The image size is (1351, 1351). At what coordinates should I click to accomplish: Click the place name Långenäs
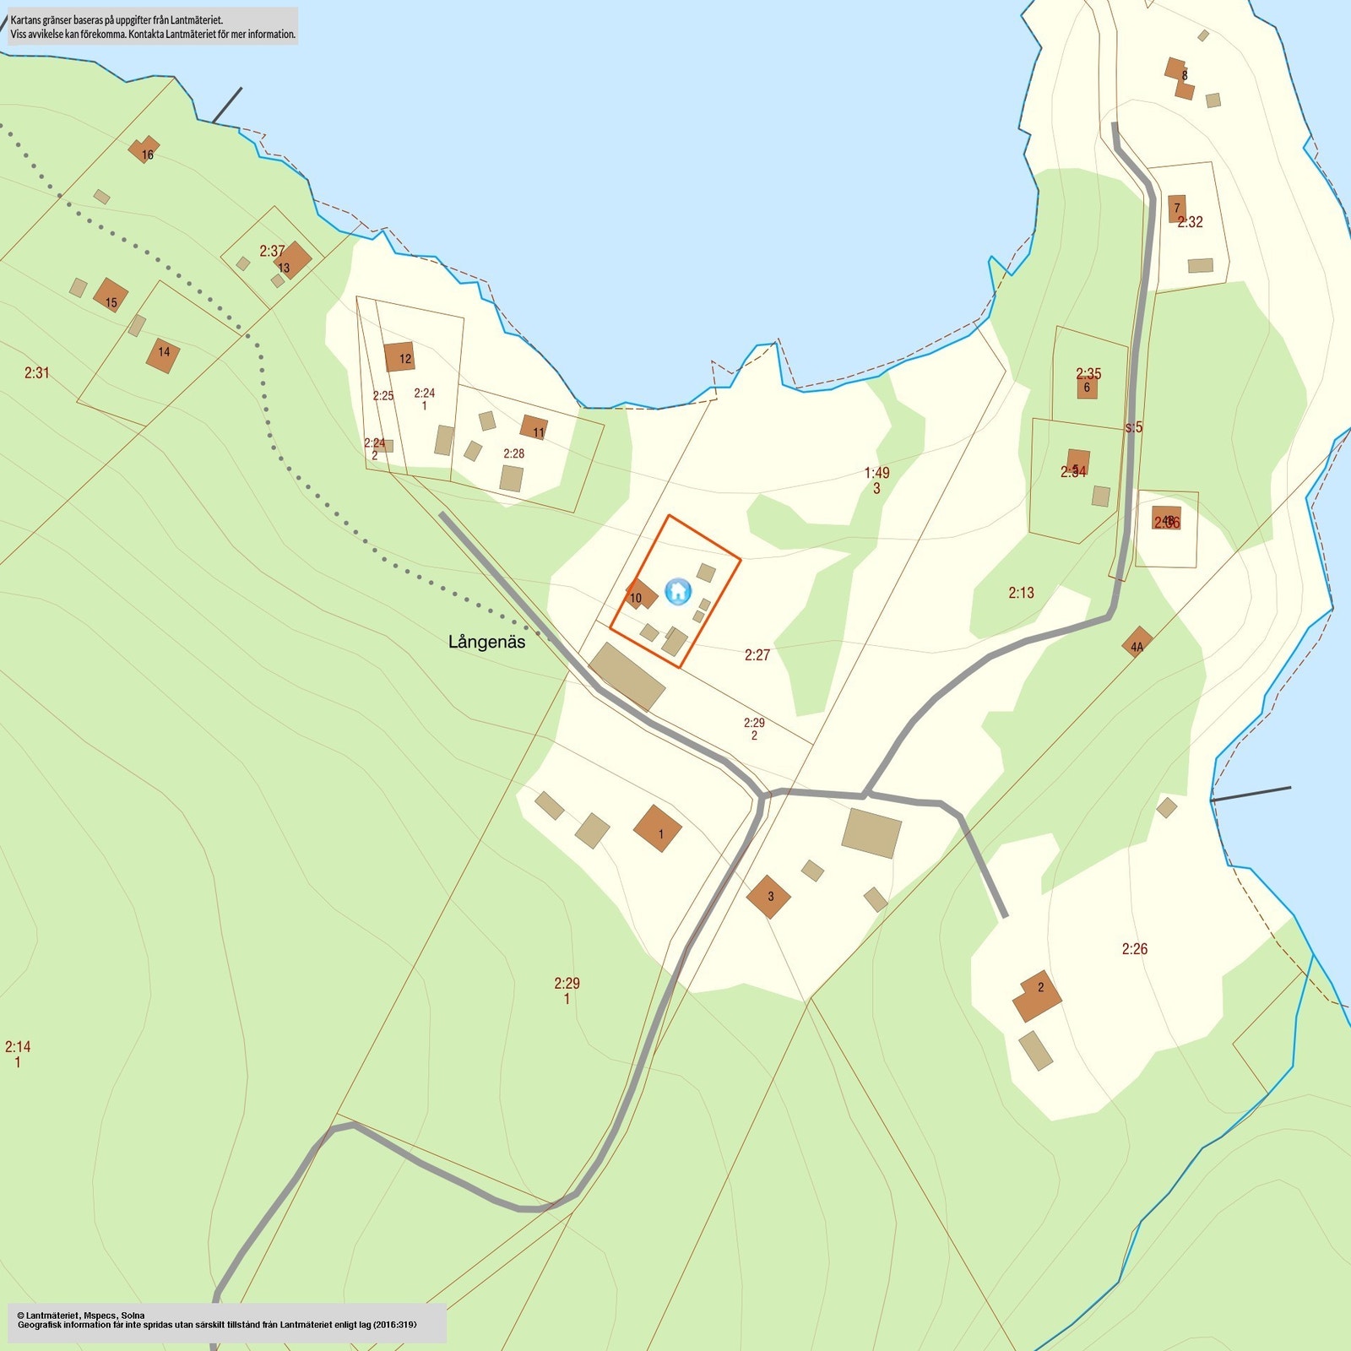[x=486, y=642]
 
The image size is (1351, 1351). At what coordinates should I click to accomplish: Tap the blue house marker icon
[x=678, y=591]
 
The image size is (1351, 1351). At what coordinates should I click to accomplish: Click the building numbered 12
[x=399, y=357]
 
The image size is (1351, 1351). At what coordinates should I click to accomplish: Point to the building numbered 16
[x=144, y=150]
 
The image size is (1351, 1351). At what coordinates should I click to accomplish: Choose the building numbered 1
[x=658, y=828]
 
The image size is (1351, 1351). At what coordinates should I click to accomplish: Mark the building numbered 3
[x=768, y=896]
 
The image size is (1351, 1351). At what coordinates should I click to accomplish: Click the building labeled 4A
[x=1137, y=643]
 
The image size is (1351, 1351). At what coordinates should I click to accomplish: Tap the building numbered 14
[x=163, y=355]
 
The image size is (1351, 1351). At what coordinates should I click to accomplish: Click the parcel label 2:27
[x=757, y=655]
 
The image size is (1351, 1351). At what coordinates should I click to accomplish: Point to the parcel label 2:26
[x=1135, y=949]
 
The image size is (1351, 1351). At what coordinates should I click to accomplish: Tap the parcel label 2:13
[x=1021, y=593]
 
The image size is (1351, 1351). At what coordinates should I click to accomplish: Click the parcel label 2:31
[x=37, y=372]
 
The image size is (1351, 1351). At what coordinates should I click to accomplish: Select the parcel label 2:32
[x=1191, y=222]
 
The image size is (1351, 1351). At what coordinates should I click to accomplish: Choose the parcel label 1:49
[x=876, y=473]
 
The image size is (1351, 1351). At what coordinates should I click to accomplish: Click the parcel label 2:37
[x=272, y=251]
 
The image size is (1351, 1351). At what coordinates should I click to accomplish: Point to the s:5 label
[x=1134, y=427]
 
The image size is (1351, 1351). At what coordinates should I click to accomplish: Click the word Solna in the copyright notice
[x=133, y=1316]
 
